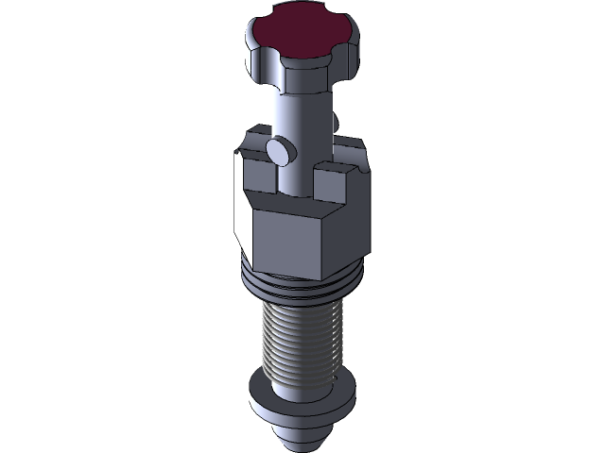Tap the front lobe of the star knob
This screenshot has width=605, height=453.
click(302, 65)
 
